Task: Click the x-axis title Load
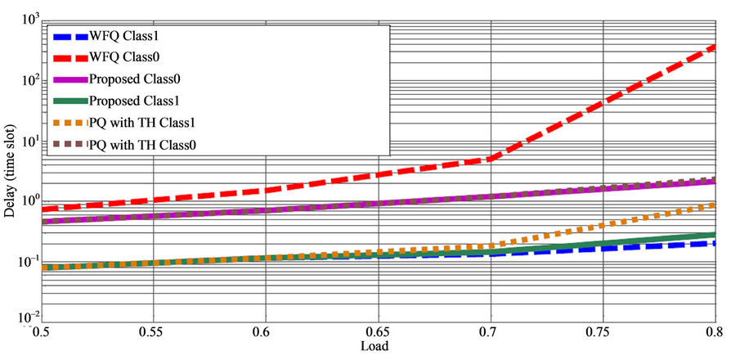[375, 345]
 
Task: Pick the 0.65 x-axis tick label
[378, 333]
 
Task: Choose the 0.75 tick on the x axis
[603, 333]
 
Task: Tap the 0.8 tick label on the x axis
[713, 333]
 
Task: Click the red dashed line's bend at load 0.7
[491, 158]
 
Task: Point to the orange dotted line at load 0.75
[603, 225]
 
